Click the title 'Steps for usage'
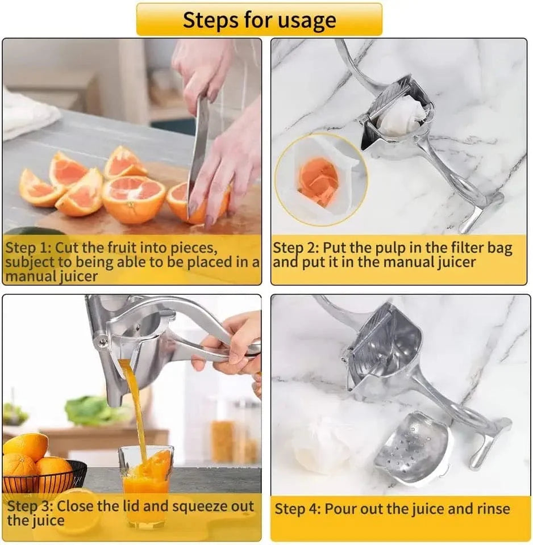click(x=259, y=20)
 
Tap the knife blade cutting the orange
click(x=198, y=148)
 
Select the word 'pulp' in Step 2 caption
click(x=369, y=248)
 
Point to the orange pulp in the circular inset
click(x=318, y=181)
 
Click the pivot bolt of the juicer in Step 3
click(x=103, y=341)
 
